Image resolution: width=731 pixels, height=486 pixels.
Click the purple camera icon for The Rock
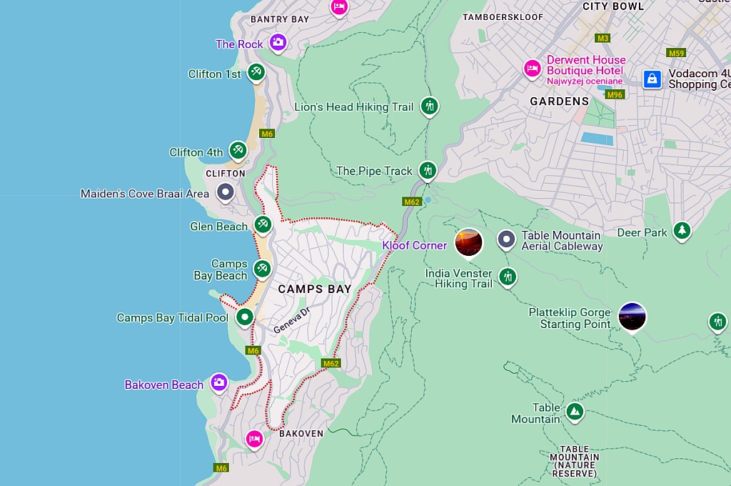278,43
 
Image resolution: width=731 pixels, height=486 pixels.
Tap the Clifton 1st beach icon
256,72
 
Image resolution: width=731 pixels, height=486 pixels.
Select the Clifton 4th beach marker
238,150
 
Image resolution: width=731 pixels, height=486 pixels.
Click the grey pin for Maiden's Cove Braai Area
226,192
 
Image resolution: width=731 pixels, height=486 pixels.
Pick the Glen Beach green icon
263,224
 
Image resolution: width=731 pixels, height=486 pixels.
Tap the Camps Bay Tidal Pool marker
245,317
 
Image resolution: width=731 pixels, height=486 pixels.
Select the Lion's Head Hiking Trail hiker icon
429,106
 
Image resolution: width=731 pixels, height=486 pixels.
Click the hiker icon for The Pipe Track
428,169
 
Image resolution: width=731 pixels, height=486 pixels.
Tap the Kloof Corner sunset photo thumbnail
469,243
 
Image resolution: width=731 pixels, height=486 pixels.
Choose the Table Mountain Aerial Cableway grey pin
506,239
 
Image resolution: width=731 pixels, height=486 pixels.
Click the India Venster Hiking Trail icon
508,276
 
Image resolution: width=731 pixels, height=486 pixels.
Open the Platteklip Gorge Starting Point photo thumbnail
632,317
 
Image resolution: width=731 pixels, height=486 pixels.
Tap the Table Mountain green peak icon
575,412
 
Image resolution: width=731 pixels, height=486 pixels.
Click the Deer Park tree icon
682,230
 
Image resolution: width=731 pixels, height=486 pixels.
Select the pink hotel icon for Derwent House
532,69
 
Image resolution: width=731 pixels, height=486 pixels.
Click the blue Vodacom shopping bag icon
652,79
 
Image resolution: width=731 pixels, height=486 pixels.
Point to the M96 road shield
614,94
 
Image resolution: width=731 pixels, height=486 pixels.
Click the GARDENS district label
559,101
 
